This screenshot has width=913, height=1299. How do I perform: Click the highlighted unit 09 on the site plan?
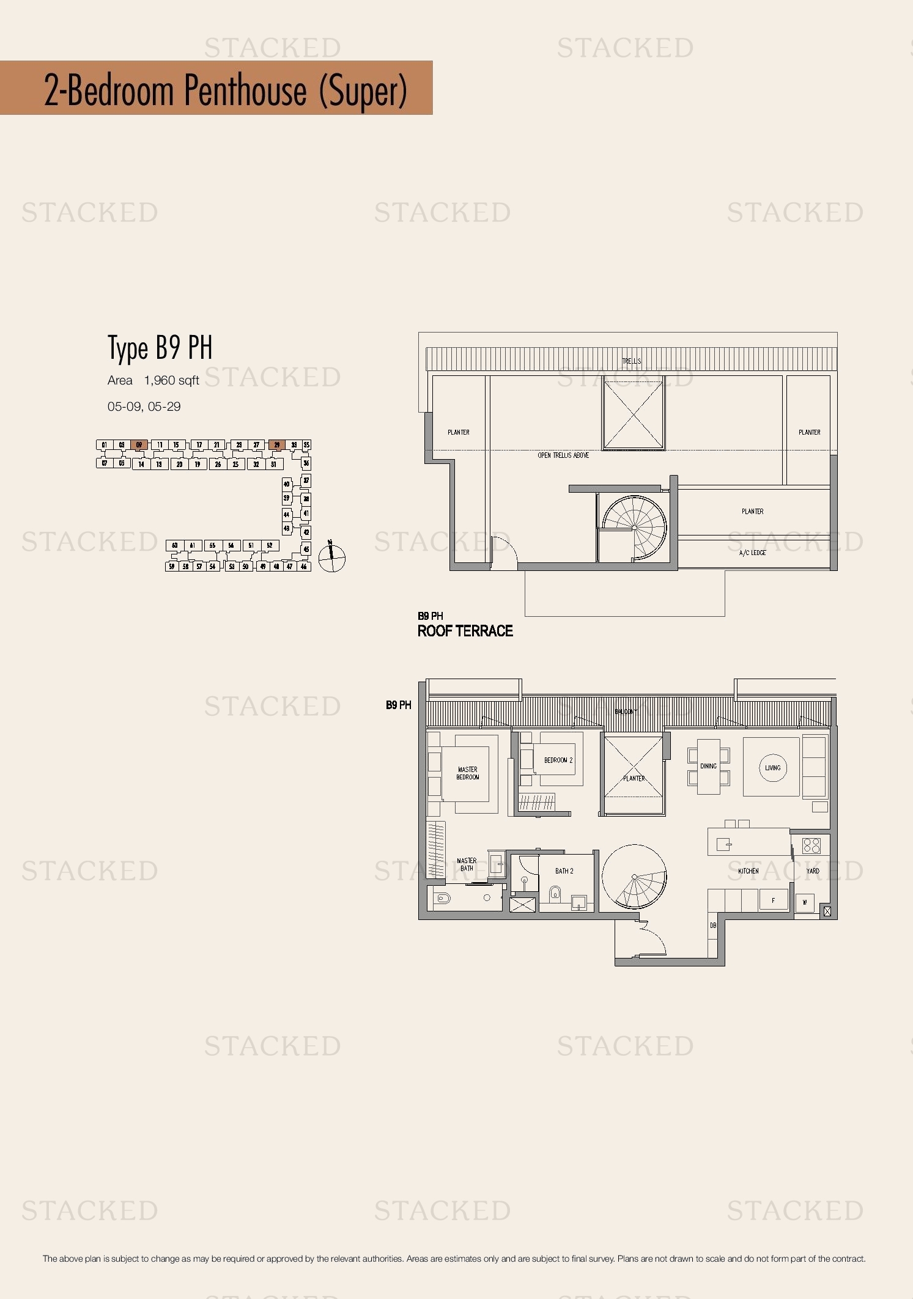[x=139, y=445]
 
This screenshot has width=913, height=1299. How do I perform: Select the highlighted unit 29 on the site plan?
[x=276, y=445]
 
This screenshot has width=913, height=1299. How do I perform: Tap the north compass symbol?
[x=331, y=558]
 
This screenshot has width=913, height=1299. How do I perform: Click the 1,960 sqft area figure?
[x=171, y=380]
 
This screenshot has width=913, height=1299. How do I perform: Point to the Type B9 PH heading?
[x=160, y=348]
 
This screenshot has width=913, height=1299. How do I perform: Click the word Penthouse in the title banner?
[x=245, y=90]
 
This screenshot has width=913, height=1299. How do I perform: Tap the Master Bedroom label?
[x=468, y=773]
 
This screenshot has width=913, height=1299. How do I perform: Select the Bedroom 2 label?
[x=558, y=760]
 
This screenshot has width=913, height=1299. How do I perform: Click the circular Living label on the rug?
[x=773, y=768]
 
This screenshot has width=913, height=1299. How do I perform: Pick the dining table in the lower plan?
[x=709, y=767]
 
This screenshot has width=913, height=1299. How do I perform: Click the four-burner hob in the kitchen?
[x=811, y=845]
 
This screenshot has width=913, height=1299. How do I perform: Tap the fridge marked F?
[x=774, y=900]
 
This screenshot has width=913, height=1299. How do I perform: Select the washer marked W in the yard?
[x=805, y=902]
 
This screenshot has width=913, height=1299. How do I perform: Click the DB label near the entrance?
[x=713, y=926]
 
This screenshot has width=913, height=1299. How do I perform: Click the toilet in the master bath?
[x=442, y=898]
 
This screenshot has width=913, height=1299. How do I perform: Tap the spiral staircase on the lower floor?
[x=634, y=877]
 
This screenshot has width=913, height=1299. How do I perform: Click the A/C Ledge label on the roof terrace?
[x=752, y=553]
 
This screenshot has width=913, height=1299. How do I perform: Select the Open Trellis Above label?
[x=563, y=455]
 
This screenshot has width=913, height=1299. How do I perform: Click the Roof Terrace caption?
[x=465, y=631]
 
